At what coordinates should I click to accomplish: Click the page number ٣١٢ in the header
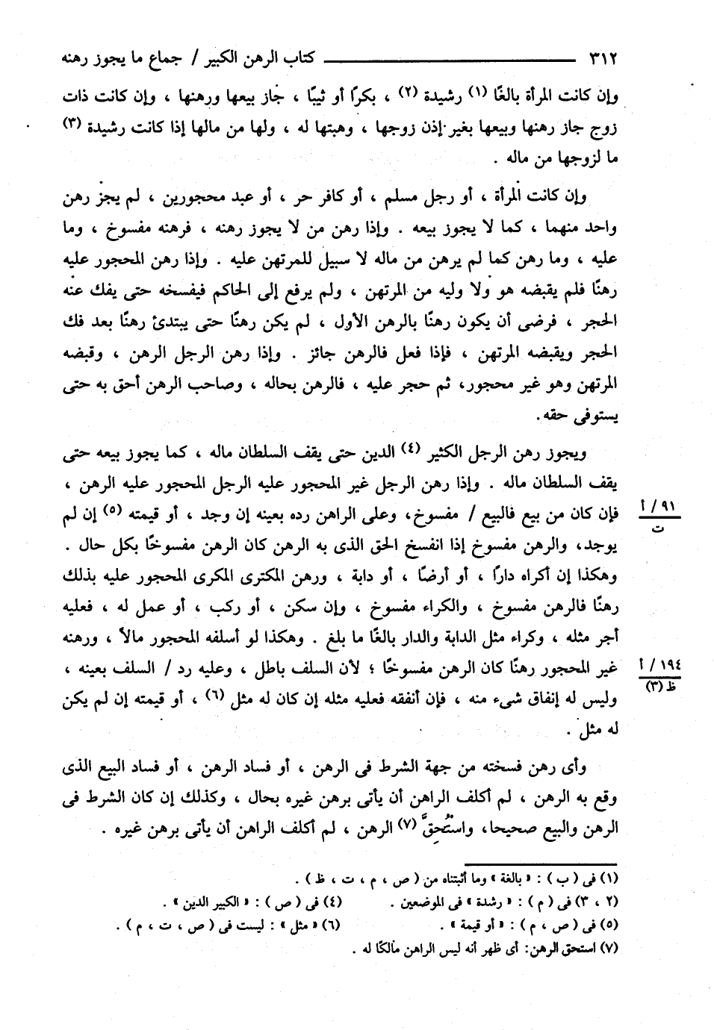[602, 57]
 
